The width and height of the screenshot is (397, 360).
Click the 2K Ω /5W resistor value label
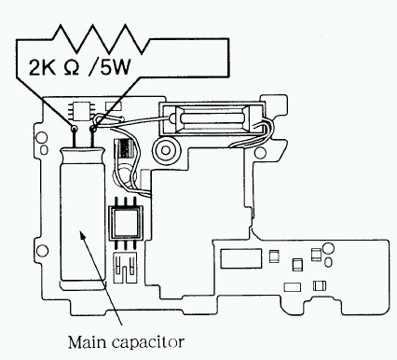pyautogui.click(x=79, y=67)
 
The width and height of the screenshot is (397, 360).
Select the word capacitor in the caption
pyautogui.click(x=147, y=343)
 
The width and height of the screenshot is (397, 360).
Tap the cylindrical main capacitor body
pyautogui.click(x=83, y=215)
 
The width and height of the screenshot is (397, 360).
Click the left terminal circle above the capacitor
pyautogui.click(x=75, y=128)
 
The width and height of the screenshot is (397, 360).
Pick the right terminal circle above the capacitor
pyautogui.click(x=92, y=128)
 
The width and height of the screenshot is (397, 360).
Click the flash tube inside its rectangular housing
pyautogui.click(x=212, y=118)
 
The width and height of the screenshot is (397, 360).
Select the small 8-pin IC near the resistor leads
pyautogui.click(x=82, y=111)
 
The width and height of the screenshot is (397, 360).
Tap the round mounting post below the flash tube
pyautogui.click(x=166, y=150)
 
